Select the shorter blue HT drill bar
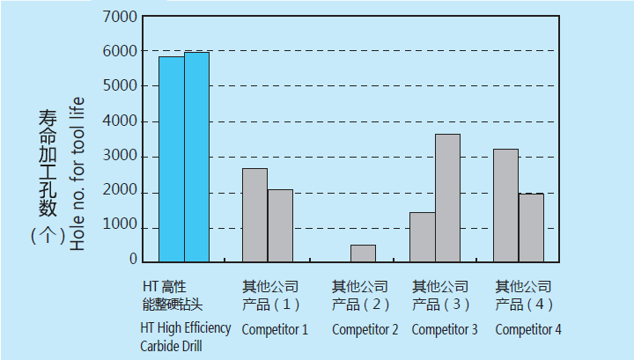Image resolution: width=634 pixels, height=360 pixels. (172, 158)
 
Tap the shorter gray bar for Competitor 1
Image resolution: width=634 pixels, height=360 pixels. (280, 224)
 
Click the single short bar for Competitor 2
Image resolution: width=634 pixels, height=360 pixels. (363, 253)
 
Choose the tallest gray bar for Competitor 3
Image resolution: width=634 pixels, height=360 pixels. (447, 197)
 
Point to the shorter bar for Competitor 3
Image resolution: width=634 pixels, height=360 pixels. (422, 236)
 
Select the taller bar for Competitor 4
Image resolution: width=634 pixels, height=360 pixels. (505, 205)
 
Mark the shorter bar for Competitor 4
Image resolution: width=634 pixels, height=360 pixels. (531, 227)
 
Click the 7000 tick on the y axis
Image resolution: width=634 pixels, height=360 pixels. (121, 17)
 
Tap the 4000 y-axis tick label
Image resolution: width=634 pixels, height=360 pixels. (121, 121)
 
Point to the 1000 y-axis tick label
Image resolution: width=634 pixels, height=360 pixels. (121, 227)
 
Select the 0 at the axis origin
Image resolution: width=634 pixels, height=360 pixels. (133, 261)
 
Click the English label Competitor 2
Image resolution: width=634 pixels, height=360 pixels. (365, 330)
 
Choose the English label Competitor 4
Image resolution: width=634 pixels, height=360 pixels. (528, 330)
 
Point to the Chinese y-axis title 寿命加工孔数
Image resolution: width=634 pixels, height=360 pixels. (48, 163)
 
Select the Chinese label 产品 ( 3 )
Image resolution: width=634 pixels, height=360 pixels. (442, 305)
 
